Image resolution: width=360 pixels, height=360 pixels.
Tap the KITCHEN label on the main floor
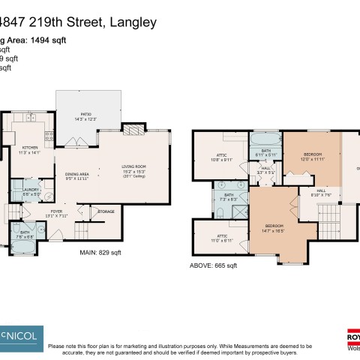pos(29,149)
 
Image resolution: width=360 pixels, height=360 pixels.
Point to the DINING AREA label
pos(76,175)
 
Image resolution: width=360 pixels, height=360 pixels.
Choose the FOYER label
pos(57,213)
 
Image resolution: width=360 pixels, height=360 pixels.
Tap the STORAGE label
pos(106,212)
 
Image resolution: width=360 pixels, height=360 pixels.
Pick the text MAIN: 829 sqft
pos(100,253)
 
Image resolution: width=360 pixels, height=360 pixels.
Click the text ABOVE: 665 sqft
pos(214,265)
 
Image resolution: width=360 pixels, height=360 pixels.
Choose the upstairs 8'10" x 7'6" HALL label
pos(320,193)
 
